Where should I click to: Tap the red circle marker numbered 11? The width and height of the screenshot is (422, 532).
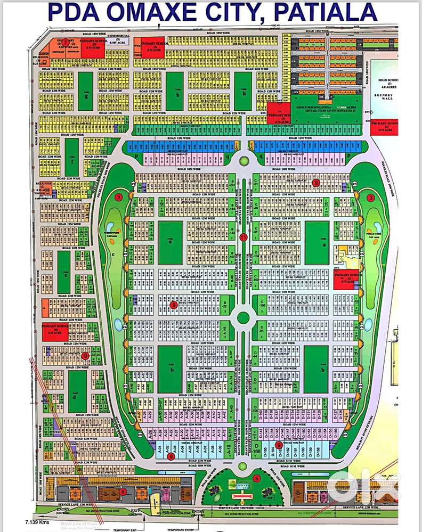pos(244,237)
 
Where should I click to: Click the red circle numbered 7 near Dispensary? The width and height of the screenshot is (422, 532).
pos(66,42)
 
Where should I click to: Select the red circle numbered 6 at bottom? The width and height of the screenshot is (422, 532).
pos(123,492)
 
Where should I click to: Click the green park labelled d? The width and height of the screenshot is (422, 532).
pos(77,391)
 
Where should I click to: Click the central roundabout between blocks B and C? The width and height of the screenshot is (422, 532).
pos(244,318)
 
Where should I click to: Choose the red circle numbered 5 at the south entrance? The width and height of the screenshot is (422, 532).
pos(256,478)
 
